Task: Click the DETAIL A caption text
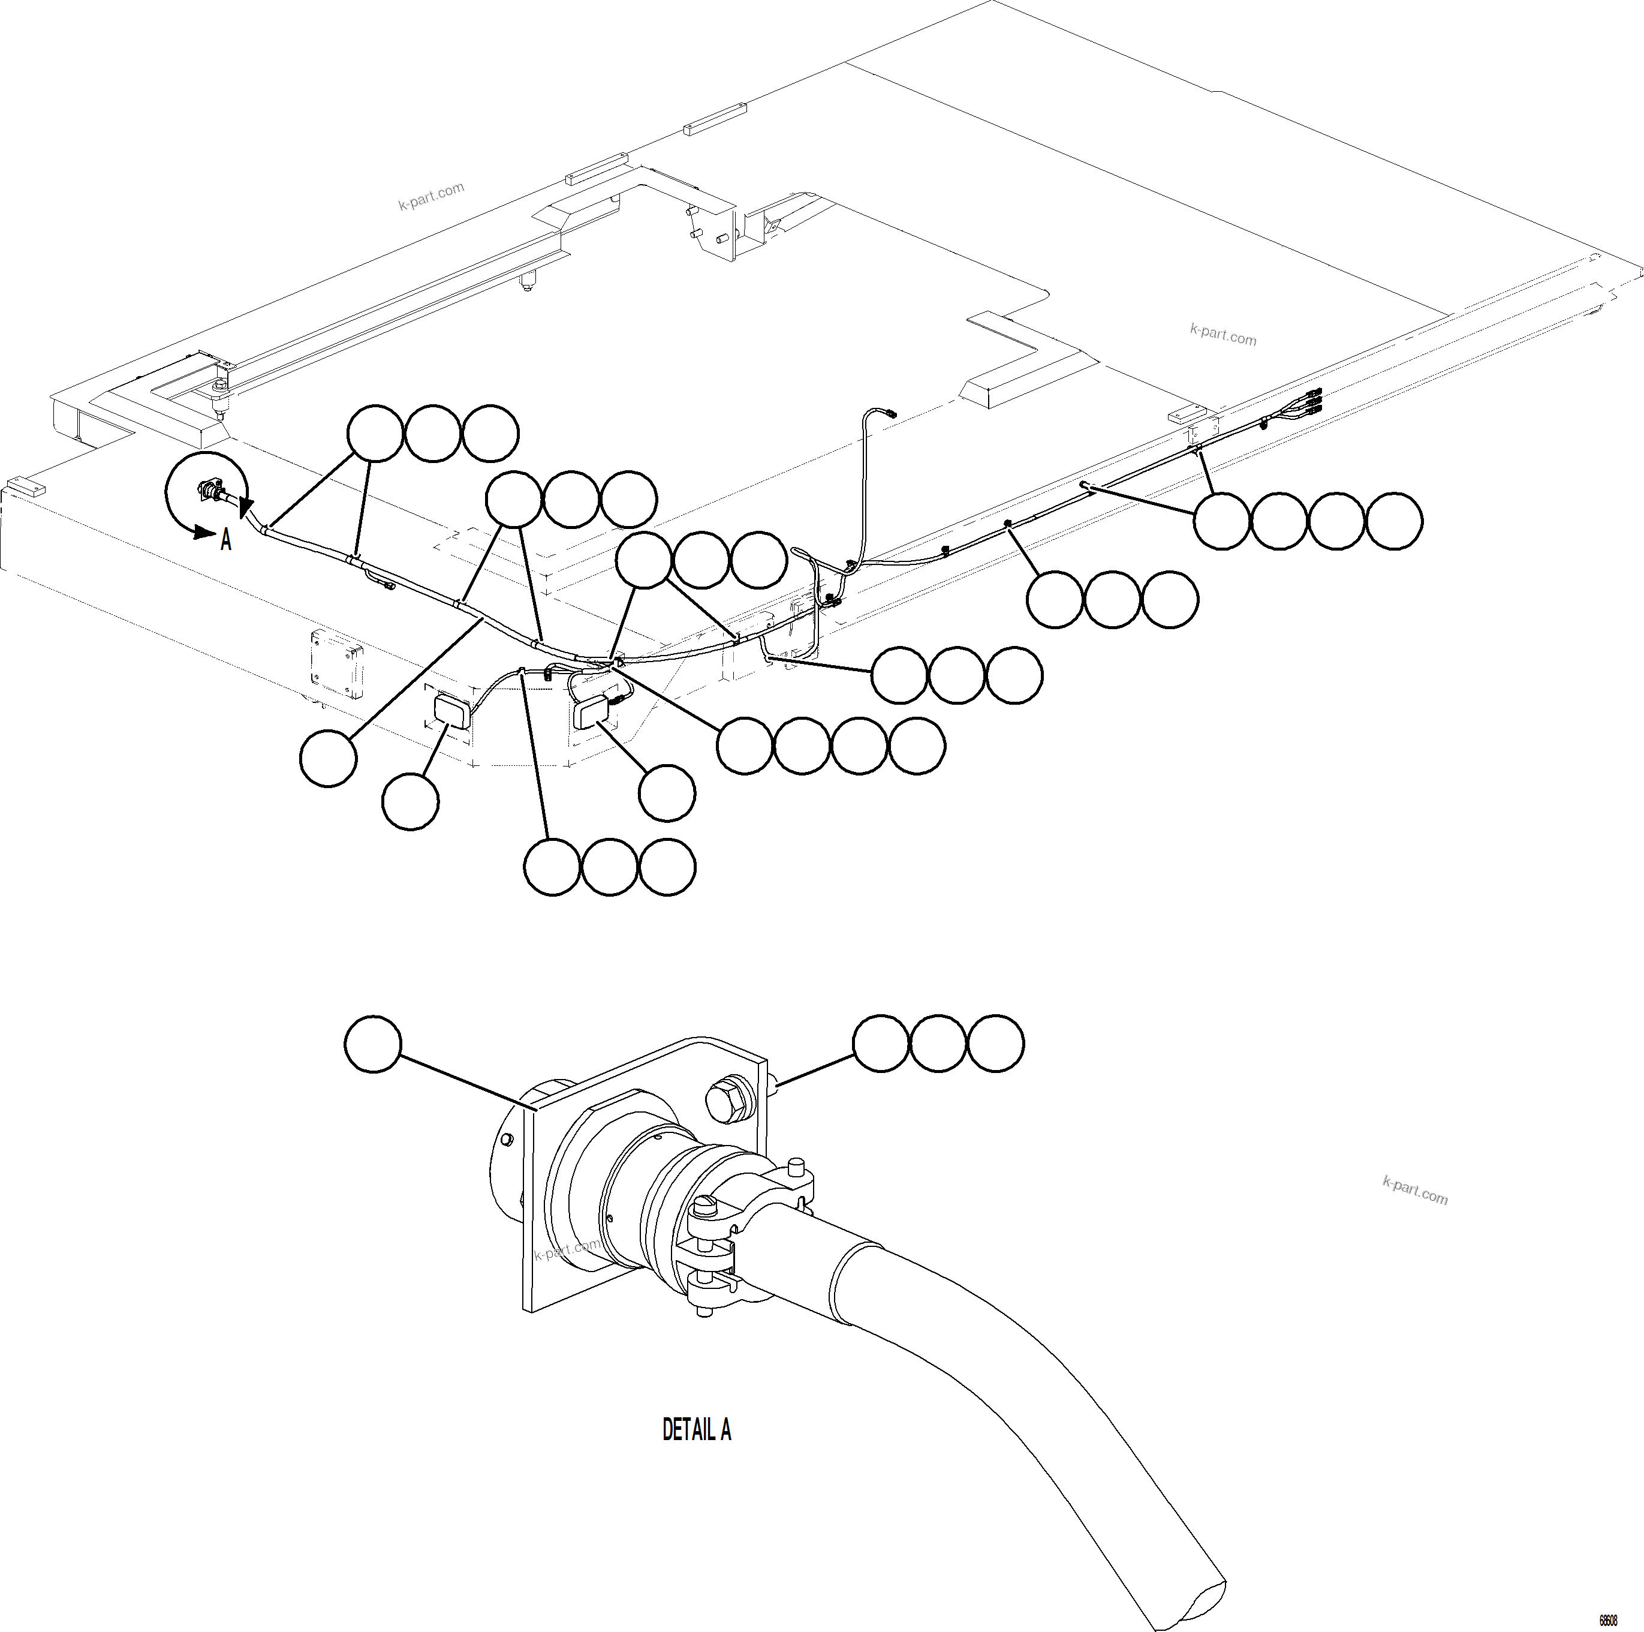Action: pos(696,1429)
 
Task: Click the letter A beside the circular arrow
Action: pos(225,540)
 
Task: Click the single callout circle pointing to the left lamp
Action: pos(411,801)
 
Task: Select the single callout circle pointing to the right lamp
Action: pos(667,794)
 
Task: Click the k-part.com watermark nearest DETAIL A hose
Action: pos(1415,1190)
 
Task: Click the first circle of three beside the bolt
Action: pos(881,1043)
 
